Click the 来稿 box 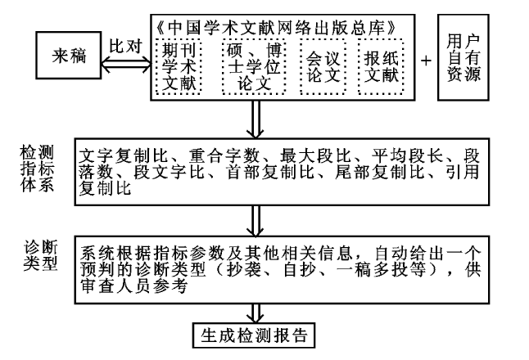tap(70, 58)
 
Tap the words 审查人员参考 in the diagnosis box tap(130, 287)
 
